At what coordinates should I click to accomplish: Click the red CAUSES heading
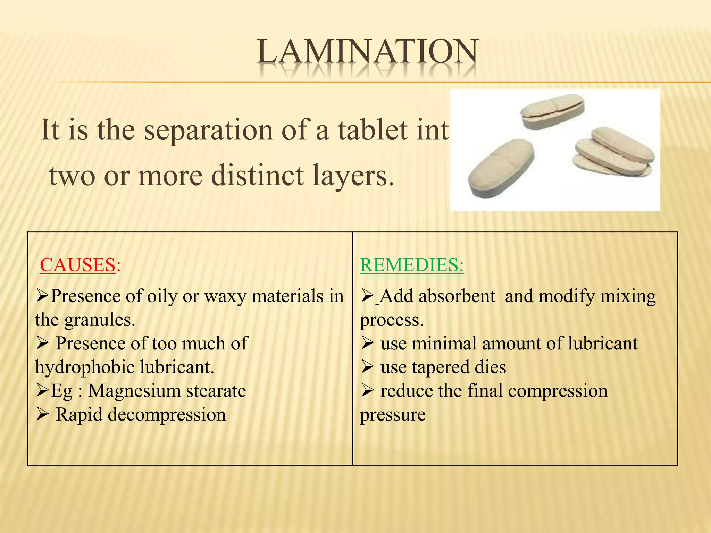(77, 265)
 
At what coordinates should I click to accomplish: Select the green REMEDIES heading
(411, 265)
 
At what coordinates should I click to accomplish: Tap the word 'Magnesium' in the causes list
(134, 391)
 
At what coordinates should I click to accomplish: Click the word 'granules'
(98, 320)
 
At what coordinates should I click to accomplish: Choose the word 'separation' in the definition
(208, 130)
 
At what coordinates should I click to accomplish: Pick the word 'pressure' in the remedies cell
(393, 415)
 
